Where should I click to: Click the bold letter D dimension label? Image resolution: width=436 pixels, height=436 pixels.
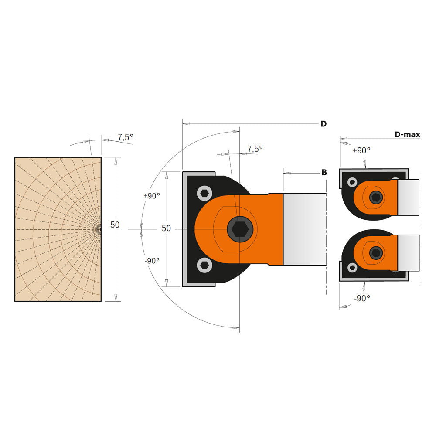323,124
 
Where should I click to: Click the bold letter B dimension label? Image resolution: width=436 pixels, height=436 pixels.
324,173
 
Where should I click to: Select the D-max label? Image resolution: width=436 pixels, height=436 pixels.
407,135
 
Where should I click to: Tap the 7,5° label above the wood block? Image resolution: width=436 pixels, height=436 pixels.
126,137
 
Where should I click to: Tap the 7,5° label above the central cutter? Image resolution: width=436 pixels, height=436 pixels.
255,149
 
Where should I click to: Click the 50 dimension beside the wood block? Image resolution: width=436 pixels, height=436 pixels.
115,225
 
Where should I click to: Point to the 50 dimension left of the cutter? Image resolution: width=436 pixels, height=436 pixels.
166,228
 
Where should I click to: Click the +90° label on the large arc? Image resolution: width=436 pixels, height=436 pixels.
151,196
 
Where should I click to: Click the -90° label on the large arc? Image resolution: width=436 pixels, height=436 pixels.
151,260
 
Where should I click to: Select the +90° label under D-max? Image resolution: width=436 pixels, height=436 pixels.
361,150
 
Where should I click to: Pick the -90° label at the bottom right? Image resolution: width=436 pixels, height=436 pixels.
361,298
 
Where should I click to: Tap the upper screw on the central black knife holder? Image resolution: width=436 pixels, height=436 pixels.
204,193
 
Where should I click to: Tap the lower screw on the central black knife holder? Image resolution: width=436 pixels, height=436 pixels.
204,265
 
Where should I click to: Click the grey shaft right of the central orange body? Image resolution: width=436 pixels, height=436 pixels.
304,229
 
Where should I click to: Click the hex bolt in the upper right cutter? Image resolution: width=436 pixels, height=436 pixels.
375,198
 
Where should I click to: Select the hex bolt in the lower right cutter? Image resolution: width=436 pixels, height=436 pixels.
375,252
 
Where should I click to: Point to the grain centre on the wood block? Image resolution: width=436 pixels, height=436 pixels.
100,228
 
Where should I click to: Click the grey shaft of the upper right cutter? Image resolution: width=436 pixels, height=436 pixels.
409,197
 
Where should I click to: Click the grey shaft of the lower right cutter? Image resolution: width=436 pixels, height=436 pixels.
409,252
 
